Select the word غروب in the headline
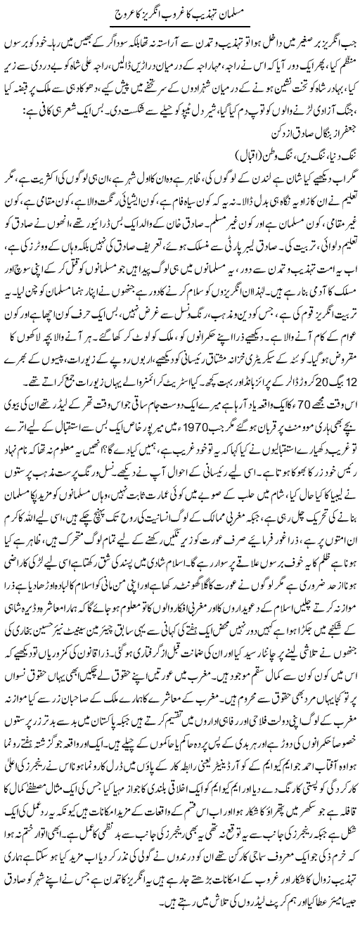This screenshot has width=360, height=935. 184,15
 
